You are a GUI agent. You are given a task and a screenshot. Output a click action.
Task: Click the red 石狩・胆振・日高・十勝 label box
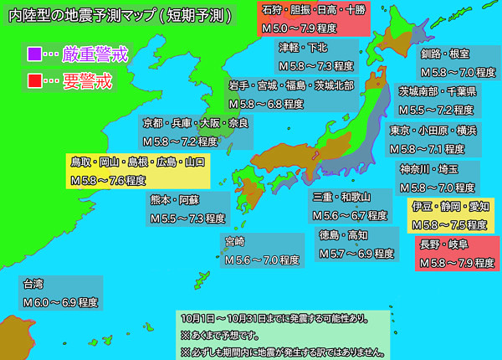[313, 18]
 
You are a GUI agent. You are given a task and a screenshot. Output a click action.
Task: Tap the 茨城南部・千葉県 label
[436, 100]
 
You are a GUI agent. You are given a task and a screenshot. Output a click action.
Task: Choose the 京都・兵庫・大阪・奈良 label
[195, 131]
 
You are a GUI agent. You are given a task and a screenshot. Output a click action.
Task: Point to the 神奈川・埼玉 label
[438, 178]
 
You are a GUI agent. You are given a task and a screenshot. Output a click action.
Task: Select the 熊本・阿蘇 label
[187, 208]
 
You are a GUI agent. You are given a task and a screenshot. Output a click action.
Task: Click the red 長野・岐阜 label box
[457, 253]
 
